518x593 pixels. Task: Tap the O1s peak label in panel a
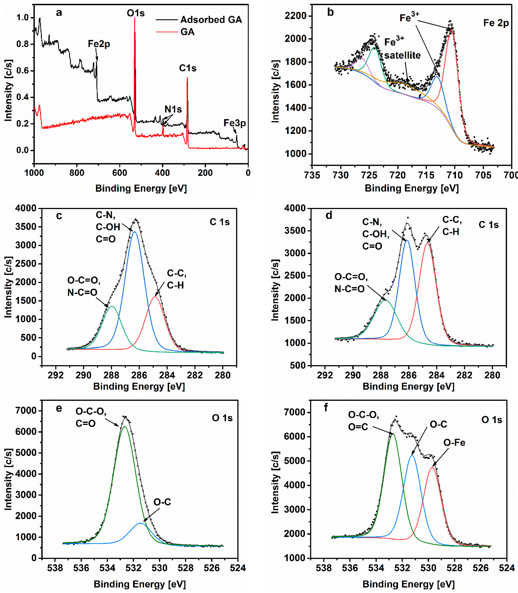pyautogui.click(x=136, y=13)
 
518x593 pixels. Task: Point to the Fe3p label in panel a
pyautogui.click(x=234, y=123)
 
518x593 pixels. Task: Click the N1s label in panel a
pyautogui.click(x=173, y=109)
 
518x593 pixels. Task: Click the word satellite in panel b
pyautogui.click(x=402, y=55)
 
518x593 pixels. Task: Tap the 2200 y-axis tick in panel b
pyautogui.click(x=295, y=16)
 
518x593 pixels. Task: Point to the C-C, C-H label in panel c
pyautogui.click(x=176, y=279)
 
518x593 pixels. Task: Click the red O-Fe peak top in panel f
pyautogui.click(x=432, y=467)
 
